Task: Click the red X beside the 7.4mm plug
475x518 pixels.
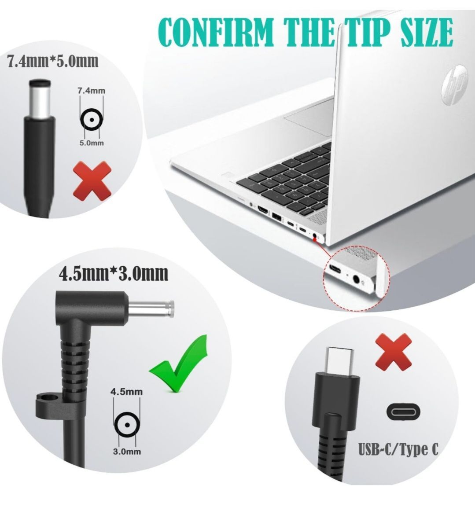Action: click(92, 181)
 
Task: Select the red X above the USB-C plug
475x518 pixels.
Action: click(394, 352)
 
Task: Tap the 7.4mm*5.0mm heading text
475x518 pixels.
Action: click(53, 61)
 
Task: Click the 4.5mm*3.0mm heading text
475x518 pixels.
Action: click(114, 273)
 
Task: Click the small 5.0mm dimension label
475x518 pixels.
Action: click(92, 143)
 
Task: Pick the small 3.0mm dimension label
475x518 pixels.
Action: click(127, 451)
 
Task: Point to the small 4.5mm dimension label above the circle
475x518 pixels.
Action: click(127, 392)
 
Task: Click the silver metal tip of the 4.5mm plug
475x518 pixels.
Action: click(151, 309)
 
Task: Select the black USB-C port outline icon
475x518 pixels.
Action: click(403, 412)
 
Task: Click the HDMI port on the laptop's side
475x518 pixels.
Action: click(263, 210)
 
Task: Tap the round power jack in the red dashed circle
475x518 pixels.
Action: click(356, 279)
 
